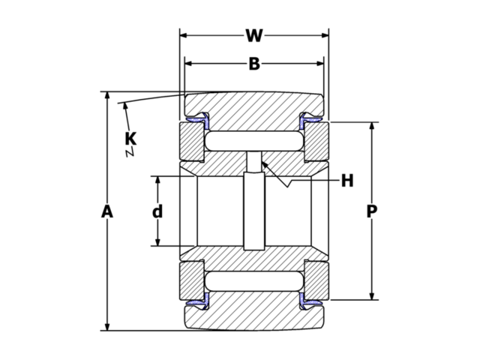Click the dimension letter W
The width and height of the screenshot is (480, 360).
254,35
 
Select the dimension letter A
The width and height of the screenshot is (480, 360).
107,212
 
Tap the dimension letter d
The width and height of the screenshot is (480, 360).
157,211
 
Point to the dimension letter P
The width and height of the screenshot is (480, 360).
372,212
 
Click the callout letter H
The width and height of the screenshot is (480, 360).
346,181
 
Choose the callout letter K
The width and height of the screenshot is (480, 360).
130,138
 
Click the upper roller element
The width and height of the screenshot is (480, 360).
254,140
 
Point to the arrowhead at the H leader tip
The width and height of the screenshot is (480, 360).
264,164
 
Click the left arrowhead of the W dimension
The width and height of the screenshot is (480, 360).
184,35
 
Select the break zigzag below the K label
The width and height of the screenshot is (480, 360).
130,152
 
